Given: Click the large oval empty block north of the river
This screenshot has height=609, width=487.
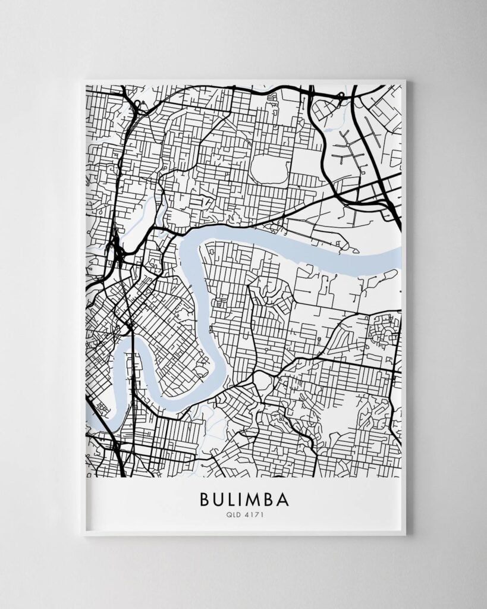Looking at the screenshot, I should point(271,169).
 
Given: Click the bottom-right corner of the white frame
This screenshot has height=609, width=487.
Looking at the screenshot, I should point(405,534).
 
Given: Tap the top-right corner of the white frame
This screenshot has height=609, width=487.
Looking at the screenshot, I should point(405,81).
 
